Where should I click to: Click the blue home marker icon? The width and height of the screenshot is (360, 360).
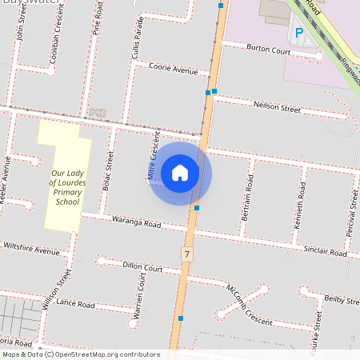point(180,173)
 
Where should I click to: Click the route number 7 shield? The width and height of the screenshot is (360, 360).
point(187,254)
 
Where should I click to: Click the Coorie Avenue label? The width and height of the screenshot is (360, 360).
point(173,70)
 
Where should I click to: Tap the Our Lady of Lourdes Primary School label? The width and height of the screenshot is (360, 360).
point(66,187)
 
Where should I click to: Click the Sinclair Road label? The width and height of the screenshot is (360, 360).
point(326,251)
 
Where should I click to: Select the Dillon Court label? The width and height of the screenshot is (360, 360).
point(142,268)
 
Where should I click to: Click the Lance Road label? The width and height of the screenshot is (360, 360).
point(76,305)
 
